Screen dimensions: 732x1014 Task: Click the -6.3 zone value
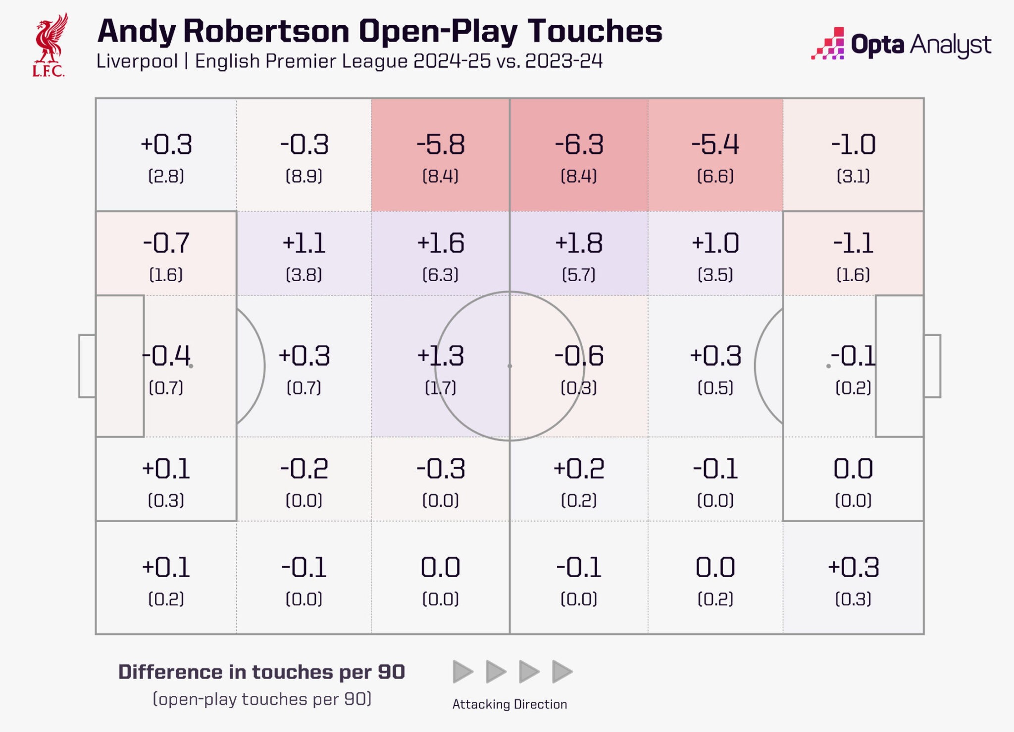click(x=579, y=145)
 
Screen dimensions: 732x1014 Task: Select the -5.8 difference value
click(x=440, y=145)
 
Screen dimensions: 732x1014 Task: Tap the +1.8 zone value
click(x=578, y=243)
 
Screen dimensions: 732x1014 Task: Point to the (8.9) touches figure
click(x=304, y=176)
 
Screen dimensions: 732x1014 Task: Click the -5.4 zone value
click(x=715, y=145)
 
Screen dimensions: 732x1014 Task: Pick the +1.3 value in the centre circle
click(x=440, y=356)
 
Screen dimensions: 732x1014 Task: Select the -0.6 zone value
click(x=579, y=356)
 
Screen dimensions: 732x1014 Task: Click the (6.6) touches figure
click(x=715, y=176)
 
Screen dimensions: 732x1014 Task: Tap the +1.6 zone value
click(x=440, y=243)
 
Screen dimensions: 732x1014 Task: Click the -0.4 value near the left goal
click(x=166, y=356)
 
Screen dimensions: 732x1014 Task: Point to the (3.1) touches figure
click(x=853, y=176)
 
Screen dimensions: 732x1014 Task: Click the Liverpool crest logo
click(x=50, y=45)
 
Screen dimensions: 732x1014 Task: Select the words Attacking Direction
click(x=509, y=704)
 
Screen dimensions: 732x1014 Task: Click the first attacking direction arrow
click(x=462, y=672)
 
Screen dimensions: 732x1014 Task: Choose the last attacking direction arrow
click(x=561, y=672)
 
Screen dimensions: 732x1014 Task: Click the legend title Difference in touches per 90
click(x=261, y=672)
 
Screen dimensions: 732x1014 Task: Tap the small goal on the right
click(x=932, y=366)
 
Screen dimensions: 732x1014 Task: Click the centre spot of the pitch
click(x=509, y=366)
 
